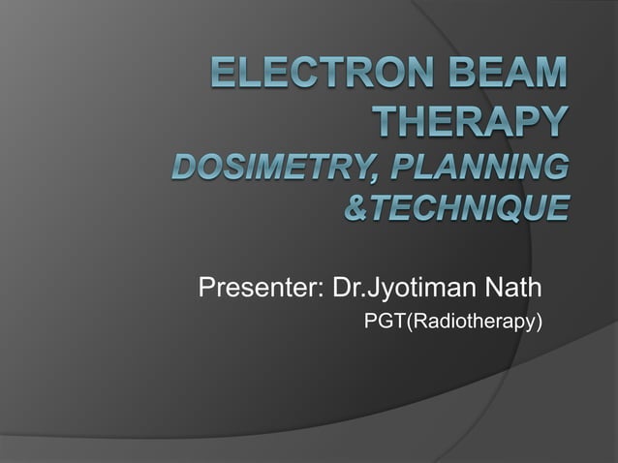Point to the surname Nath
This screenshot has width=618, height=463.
(x=514, y=289)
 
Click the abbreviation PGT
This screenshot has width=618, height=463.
(x=384, y=320)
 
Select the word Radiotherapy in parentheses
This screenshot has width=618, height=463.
(x=470, y=320)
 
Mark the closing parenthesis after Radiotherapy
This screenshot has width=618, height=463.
(x=537, y=320)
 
